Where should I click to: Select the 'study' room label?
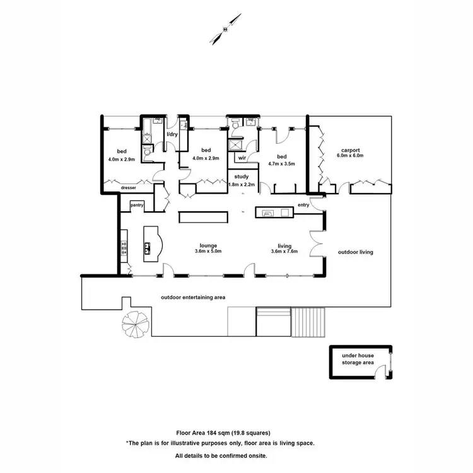241,177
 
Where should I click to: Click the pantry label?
137,204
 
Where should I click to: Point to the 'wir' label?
242,158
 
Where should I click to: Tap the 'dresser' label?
129,187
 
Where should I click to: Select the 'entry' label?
304,205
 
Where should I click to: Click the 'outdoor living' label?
356,252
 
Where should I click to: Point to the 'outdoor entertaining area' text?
193,297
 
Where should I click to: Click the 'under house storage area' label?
358,359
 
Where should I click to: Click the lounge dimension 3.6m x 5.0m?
209,252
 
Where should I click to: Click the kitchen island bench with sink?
152,243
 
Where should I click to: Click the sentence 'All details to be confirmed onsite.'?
221,455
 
